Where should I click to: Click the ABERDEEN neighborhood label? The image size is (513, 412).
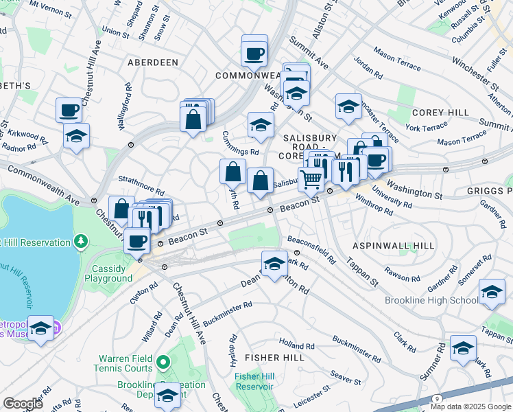tap(152, 62)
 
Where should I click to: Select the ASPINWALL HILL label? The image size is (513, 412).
tap(394, 246)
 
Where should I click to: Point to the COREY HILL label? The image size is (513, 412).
tap(440, 113)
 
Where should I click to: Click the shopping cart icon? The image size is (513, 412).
tap(311, 179)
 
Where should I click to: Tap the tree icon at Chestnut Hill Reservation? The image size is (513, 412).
tap(82, 242)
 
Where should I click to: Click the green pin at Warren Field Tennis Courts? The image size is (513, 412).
tap(163, 361)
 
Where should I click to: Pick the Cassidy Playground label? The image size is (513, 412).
tap(108, 273)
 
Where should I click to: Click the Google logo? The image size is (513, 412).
tap(23, 404)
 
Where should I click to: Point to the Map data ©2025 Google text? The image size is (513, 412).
tap(470, 407)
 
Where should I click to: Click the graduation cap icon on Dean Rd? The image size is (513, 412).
tap(274, 263)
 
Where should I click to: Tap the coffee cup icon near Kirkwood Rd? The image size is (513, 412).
tap(70, 110)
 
